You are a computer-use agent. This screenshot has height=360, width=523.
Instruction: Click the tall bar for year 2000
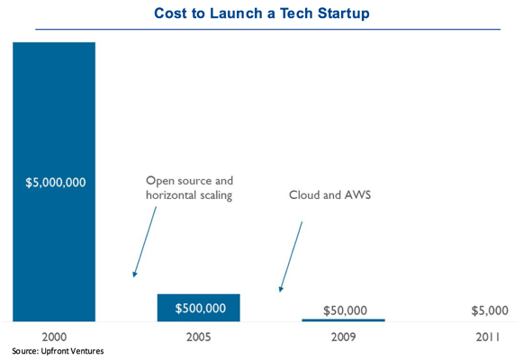click(x=54, y=182)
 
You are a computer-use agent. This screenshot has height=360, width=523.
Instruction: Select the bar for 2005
click(x=198, y=308)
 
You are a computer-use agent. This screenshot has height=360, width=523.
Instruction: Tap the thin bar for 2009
click(x=344, y=320)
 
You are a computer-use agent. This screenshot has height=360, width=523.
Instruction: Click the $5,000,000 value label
click(x=56, y=183)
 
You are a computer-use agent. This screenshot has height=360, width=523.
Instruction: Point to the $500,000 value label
click(x=201, y=309)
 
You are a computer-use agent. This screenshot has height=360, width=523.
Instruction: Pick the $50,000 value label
click(x=346, y=310)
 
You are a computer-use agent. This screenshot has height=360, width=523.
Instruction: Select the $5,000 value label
click(x=490, y=310)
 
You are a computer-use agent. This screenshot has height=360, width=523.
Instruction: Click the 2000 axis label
click(x=54, y=337)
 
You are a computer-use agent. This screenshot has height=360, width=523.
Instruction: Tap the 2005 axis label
click(x=198, y=337)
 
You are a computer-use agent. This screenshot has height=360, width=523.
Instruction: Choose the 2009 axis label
click(x=344, y=337)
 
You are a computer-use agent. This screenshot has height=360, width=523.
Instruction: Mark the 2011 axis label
click(x=488, y=337)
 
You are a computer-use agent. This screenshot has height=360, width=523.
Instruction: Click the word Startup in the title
click(x=344, y=14)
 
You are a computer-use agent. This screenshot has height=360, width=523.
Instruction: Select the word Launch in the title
click(x=236, y=13)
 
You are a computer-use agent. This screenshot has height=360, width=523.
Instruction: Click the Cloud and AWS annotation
click(x=329, y=194)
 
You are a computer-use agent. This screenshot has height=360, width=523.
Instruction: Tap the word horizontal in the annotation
click(x=170, y=194)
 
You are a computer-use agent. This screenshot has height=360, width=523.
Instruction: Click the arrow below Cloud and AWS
click(x=291, y=256)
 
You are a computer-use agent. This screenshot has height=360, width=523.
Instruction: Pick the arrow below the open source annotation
click(x=144, y=242)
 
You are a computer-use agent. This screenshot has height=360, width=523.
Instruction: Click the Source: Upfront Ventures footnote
click(x=58, y=351)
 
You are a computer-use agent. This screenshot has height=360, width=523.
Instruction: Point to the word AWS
click(x=357, y=194)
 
